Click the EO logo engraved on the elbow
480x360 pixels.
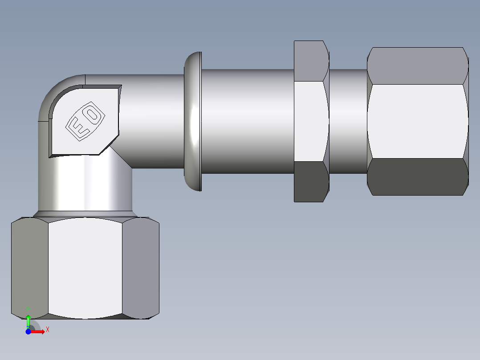85,121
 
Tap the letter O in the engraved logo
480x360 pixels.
93,115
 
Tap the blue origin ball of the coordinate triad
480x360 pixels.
28,331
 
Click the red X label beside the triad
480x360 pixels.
47,329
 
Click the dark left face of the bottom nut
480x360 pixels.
29,267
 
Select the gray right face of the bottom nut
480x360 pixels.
140,267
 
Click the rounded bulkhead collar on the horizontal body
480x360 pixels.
193,121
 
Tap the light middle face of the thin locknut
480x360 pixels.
311,121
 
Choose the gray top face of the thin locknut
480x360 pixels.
311,61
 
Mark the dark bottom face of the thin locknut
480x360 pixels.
310,181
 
